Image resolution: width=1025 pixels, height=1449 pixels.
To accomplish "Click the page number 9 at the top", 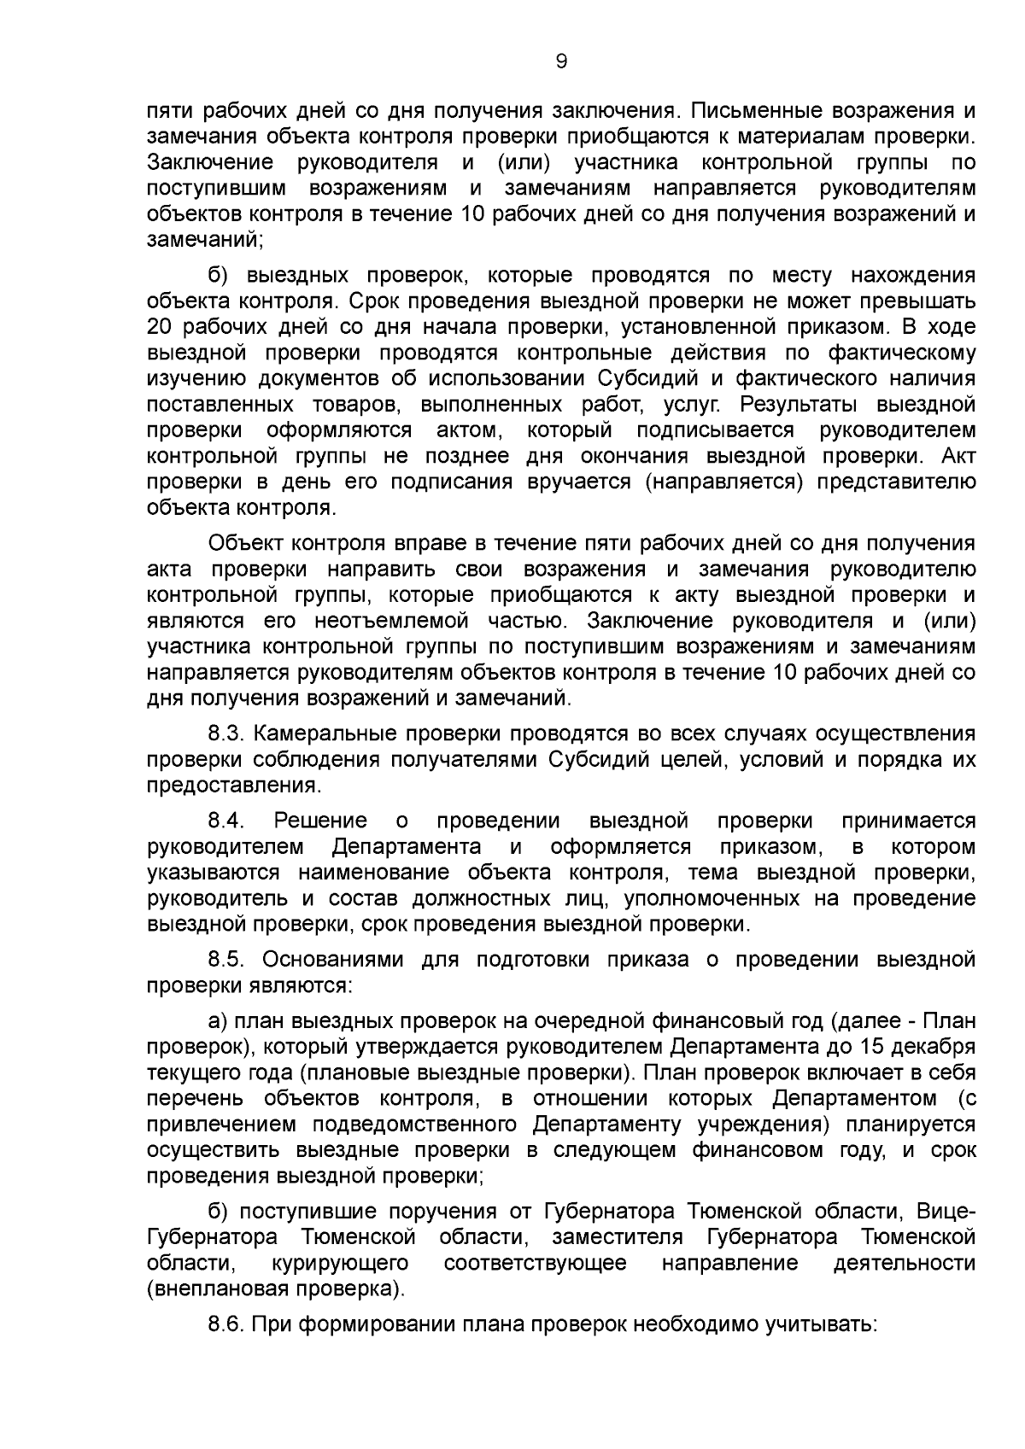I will click(x=561, y=61).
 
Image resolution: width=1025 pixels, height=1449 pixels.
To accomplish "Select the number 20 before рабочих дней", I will click(x=160, y=327).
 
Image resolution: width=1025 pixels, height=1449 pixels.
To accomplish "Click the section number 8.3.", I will click(x=226, y=733).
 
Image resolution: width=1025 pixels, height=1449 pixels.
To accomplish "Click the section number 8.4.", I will click(x=226, y=821).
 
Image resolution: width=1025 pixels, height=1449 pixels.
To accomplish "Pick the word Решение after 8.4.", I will click(x=320, y=821).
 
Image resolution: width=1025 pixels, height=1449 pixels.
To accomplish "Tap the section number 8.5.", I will click(x=226, y=960).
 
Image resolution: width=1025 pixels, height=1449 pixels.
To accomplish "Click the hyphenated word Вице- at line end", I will click(x=946, y=1212).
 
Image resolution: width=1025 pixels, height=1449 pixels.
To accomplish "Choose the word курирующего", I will click(x=339, y=1263).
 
